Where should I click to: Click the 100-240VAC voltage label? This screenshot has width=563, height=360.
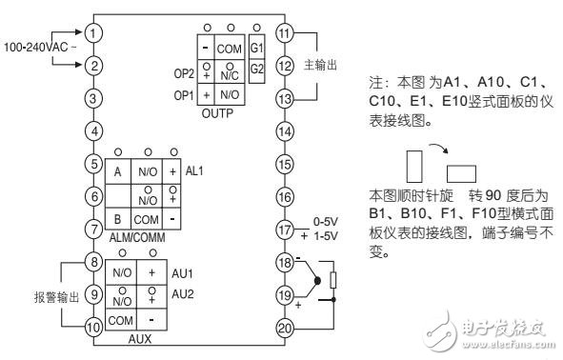pos(37,46)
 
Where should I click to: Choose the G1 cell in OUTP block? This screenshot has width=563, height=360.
pos(256,48)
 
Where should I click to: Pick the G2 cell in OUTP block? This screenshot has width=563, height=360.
pos(256,69)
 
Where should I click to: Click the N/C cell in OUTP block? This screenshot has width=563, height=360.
pos(229,75)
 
